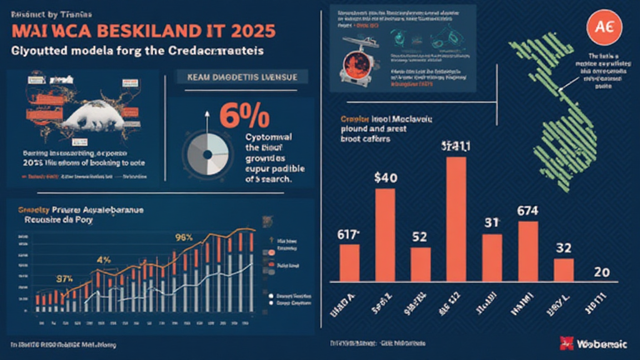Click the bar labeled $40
385,234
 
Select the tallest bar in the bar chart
456,219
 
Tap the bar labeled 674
528,250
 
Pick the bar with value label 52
421,264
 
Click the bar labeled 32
564,269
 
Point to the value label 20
602,272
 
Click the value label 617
349,235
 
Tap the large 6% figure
244,116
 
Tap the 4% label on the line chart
103,259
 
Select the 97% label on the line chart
65,279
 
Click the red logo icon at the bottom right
567,342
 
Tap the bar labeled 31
492,257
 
